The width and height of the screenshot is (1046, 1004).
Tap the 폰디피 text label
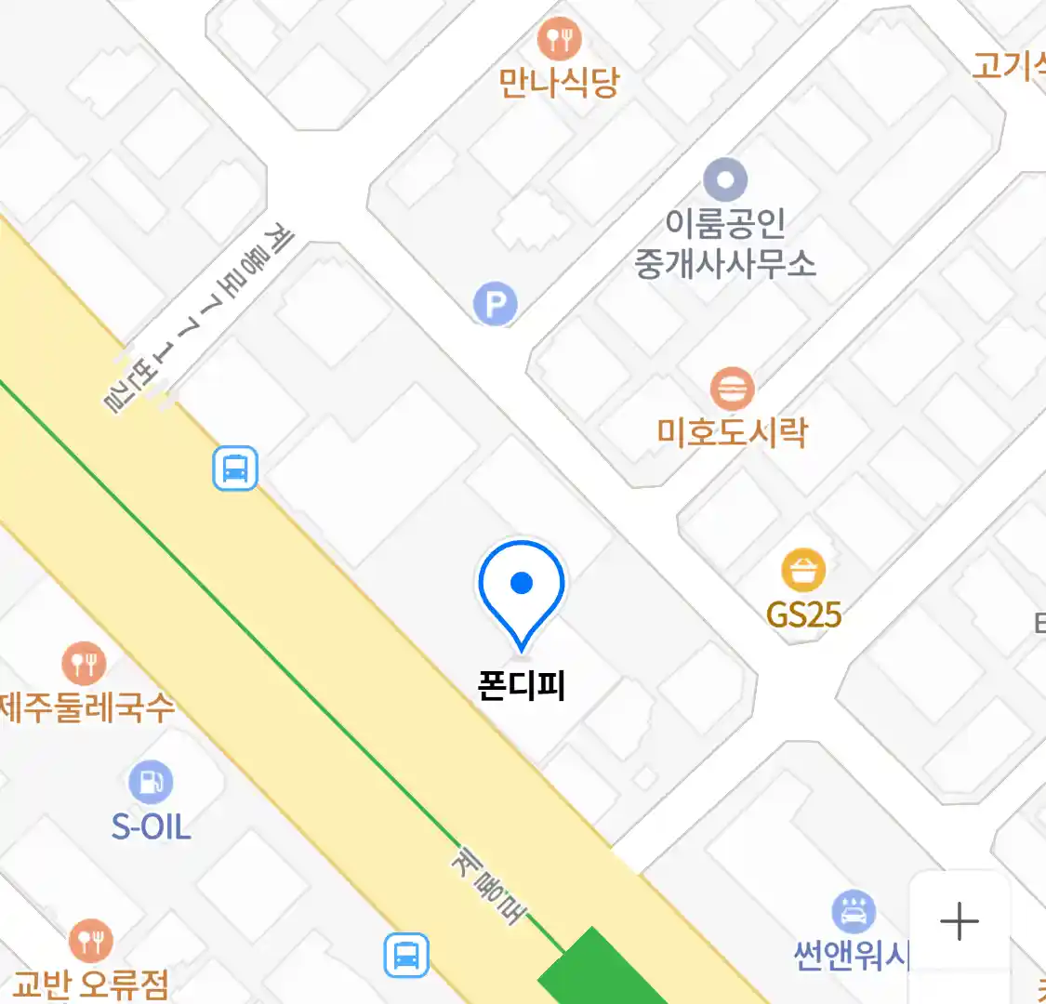tap(522, 686)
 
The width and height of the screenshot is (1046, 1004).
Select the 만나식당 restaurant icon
tap(559, 39)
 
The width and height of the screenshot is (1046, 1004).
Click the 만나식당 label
tap(559, 83)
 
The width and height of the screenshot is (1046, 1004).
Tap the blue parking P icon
tap(495, 303)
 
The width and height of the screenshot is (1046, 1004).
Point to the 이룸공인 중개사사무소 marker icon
tap(725, 178)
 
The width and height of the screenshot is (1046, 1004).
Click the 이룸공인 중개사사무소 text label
tap(725, 244)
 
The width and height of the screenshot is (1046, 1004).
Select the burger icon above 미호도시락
tap(732, 388)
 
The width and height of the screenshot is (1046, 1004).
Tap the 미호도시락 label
tap(733, 432)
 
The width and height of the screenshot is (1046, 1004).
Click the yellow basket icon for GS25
tap(803, 570)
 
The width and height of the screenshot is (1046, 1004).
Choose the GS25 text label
tap(803, 614)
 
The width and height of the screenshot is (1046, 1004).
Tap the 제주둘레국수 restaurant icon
tap(84, 663)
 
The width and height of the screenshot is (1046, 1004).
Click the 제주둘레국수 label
tap(86, 708)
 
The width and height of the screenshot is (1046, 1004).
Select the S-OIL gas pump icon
tap(151, 782)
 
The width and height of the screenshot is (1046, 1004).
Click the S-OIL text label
tap(151, 826)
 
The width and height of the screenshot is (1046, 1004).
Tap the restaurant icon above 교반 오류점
tap(90, 941)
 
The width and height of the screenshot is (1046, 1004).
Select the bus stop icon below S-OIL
tap(406, 955)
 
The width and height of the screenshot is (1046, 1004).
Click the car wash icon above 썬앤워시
tap(853, 912)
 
